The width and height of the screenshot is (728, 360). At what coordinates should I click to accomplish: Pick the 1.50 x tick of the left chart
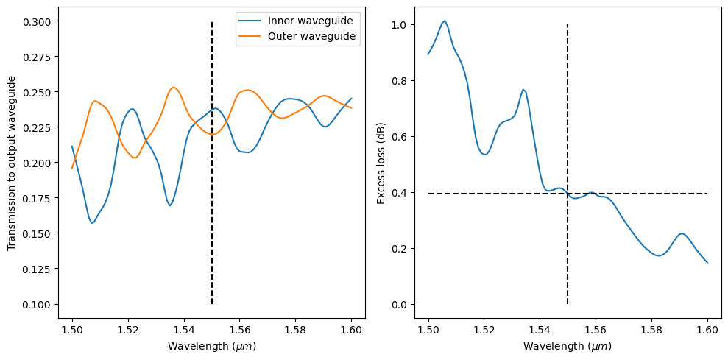click(72, 332)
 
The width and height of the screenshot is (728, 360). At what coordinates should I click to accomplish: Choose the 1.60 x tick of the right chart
click(707, 332)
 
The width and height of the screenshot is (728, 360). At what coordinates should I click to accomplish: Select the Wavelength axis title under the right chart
click(568, 346)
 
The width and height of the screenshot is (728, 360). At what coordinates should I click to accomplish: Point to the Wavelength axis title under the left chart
click(211, 346)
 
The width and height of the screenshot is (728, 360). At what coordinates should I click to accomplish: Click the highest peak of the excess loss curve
click(445, 21)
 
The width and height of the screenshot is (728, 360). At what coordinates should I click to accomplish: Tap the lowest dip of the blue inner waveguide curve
click(91, 223)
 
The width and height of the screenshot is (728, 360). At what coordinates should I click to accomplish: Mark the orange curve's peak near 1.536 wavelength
click(173, 88)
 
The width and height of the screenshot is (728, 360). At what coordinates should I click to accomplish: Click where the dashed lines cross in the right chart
click(568, 194)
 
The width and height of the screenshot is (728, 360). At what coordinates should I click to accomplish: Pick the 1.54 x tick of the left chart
click(183, 332)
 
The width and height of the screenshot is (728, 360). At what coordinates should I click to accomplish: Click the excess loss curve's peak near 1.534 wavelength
click(523, 90)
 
